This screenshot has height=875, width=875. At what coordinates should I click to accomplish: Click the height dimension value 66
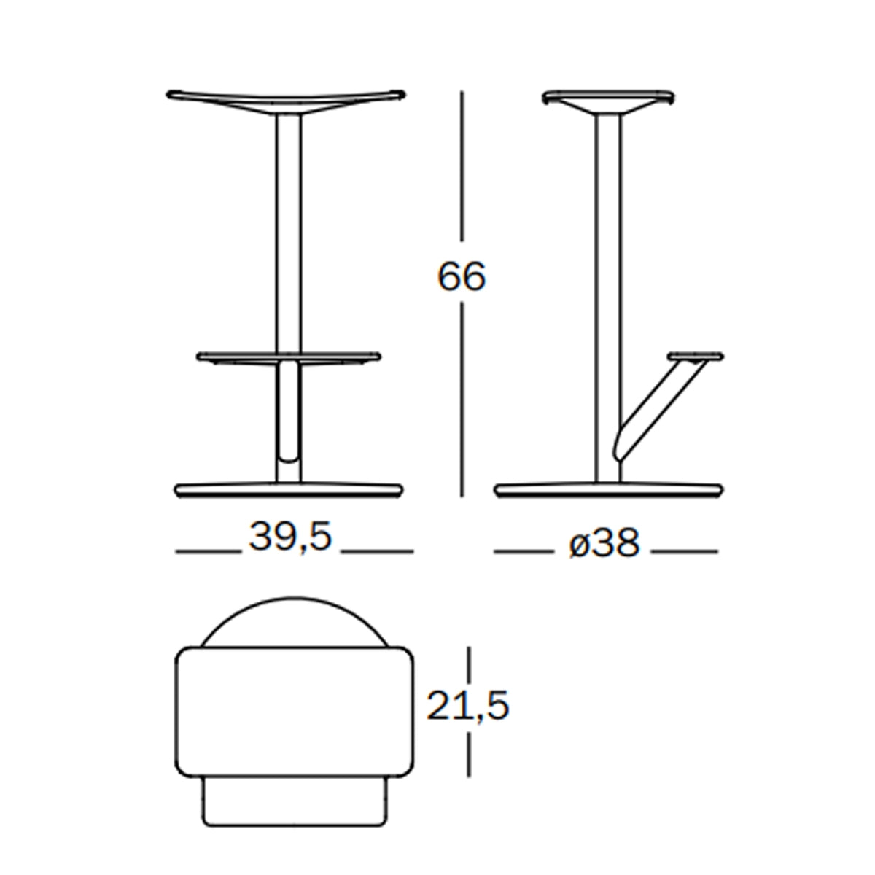462,276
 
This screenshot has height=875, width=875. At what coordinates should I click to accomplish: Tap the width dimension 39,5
291,537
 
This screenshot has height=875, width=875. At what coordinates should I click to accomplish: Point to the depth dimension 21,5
467,706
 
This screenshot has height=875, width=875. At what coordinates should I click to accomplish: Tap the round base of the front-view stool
289,491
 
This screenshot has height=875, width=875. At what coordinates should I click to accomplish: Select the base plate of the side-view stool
609,491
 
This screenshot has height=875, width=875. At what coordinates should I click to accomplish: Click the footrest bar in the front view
289,358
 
